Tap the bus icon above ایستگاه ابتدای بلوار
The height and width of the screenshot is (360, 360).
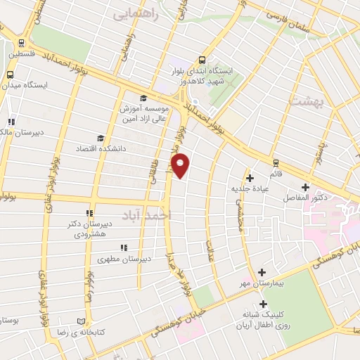pos(202,60)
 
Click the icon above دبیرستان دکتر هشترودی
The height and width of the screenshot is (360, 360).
pos(89,214)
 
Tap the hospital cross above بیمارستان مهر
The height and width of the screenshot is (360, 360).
pos(262,272)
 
